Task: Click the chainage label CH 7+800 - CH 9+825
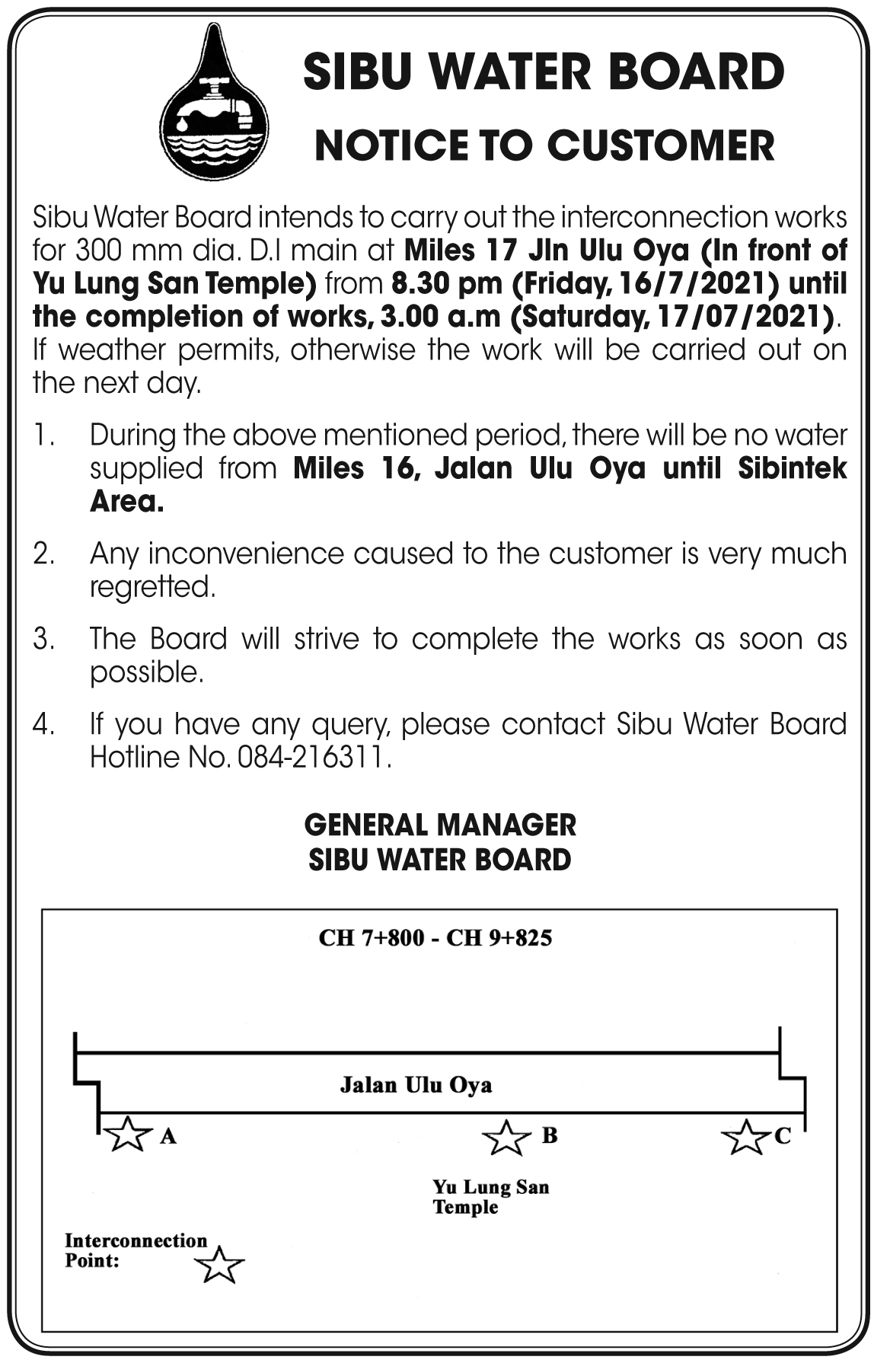(x=435, y=937)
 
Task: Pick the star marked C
(x=744, y=1138)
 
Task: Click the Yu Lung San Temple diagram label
(x=490, y=1197)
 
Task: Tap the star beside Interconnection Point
(x=219, y=1266)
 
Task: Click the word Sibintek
(x=792, y=468)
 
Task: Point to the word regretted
(x=152, y=587)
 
